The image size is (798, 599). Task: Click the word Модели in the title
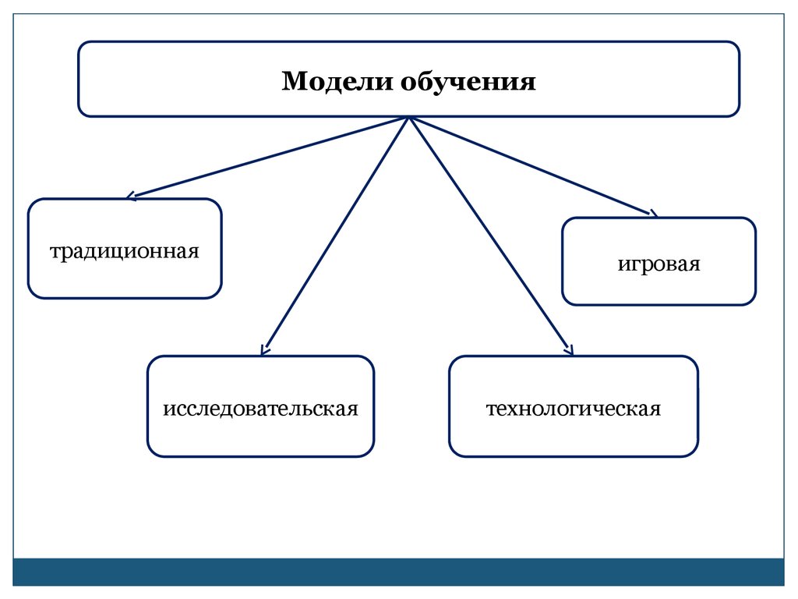[x=337, y=81]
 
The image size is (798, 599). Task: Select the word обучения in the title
[x=468, y=82]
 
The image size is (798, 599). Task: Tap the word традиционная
[x=125, y=252]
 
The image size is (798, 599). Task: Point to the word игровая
[x=659, y=264]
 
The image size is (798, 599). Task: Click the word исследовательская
[x=260, y=408]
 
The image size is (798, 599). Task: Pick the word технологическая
[x=574, y=408]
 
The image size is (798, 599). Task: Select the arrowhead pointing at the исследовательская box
[x=265, y=350]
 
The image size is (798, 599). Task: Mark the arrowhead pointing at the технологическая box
[x=569, y=351]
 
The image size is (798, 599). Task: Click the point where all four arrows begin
[x=409, y=118]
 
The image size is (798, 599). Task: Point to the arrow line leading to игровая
[x=530, y=165]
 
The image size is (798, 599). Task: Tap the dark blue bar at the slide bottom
[x=399, y=572]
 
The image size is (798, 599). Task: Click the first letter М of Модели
[x=291, y=81]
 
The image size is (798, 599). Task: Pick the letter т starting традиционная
[x=55, y=253]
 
